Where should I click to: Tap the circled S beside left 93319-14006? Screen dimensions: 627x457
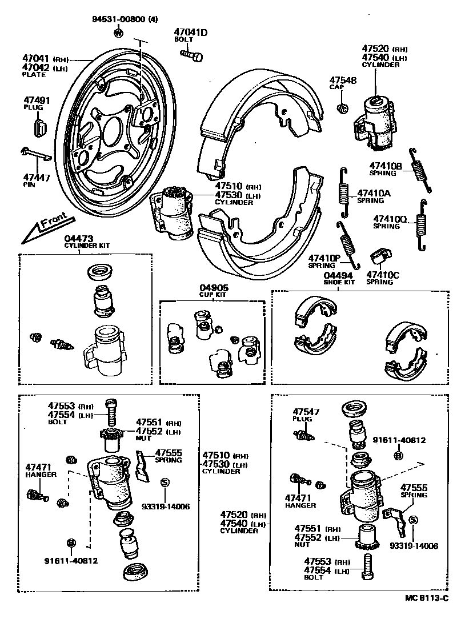[165, 483]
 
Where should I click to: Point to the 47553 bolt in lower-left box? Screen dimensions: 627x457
[111, 409]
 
